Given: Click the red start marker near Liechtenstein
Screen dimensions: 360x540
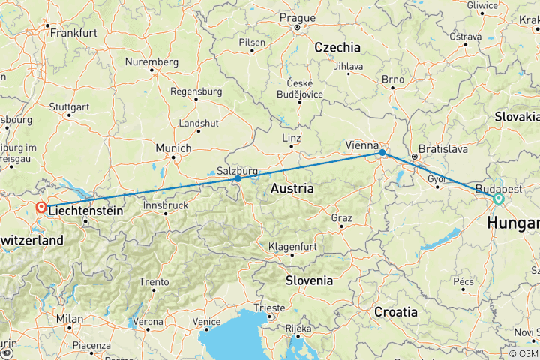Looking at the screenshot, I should coord(41,207).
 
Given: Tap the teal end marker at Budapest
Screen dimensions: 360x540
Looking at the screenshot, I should coord(498,199).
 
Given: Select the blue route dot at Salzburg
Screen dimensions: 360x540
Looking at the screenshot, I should coord(238,178).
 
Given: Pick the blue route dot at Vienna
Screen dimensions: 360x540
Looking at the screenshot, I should coord(382,153).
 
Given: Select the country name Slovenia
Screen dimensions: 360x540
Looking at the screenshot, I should coord(308,280).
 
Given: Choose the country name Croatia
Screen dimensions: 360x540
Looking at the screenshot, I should coord(396,310).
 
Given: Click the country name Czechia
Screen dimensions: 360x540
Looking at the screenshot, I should coord(337,47).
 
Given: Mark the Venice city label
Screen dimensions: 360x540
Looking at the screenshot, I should coord(206,321).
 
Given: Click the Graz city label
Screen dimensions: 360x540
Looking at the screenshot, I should coord(341,217).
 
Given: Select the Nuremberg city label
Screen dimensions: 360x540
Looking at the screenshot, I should coord(154,61).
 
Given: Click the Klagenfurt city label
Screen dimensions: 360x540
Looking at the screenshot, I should coord(293,246).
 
